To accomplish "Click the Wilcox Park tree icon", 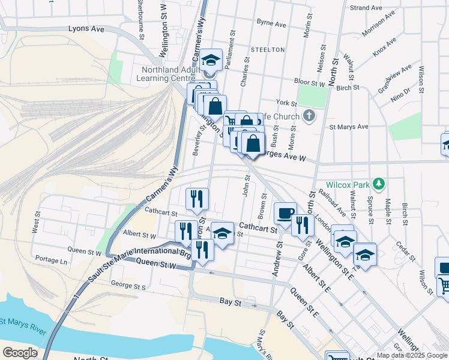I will (x=379, y=183).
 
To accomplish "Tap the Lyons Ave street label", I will (x=86, y=28).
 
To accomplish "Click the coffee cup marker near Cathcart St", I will (x=285, y=212).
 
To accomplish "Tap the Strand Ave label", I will (x=366, y=8).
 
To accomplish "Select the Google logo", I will (x=19, y=353).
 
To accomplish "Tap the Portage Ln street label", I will (x=51, y=260).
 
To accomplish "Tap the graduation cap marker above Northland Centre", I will (x=211, y=60).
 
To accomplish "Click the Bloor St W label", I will (x=309, y=82).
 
